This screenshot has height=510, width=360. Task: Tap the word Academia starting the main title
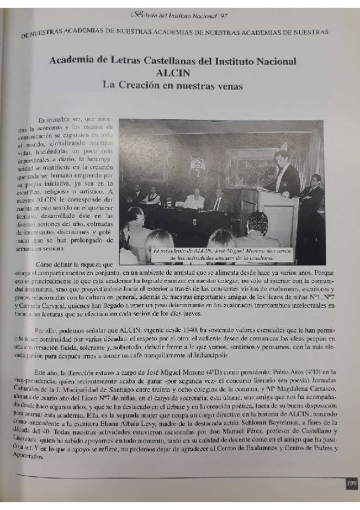70,61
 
